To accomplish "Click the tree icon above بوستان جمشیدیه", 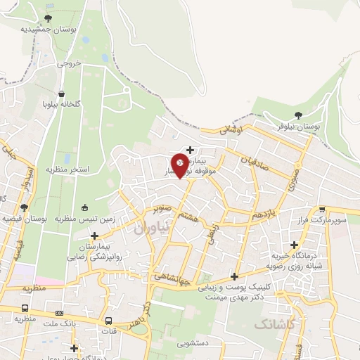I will click(48, 18).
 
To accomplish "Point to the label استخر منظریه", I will click(68, 169).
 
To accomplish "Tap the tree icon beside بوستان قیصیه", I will click(24, 207).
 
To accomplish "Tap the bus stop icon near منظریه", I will click(26, 308).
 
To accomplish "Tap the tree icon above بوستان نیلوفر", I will click(299, 115).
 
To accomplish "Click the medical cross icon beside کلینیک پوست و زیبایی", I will click(234, 276).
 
